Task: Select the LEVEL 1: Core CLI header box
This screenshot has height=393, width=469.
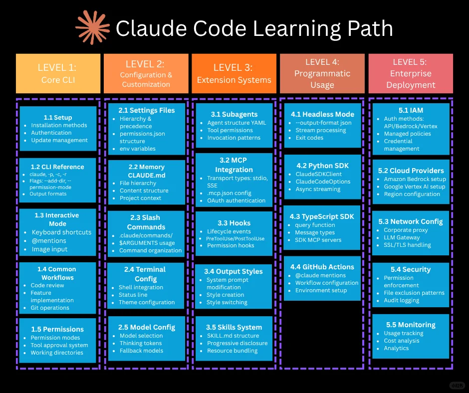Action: tap(58, 73)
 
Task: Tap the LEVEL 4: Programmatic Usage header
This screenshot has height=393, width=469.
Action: tap(322, 73)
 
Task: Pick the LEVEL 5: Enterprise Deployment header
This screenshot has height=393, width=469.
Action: tap(411, 73)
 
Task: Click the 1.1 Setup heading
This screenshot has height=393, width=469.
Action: tap(58, 117)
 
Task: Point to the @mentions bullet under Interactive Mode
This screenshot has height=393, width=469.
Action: tap(49, 240)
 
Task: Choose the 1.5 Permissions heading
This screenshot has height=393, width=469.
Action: tap(57, 329)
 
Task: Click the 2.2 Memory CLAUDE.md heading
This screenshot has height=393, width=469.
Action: tap(146, 171)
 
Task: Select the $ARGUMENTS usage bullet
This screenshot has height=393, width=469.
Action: tap(147, 243)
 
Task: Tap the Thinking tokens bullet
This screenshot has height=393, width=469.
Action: tap(140, 343)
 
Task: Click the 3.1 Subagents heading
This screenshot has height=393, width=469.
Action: tap(234, 114)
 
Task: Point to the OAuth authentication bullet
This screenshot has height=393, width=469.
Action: tap(236, 200)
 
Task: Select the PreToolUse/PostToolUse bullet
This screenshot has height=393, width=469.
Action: tap(235, 238)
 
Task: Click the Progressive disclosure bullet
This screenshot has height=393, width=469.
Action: tap(237, 343)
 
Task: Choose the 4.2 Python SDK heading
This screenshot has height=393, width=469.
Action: tap(322, 166)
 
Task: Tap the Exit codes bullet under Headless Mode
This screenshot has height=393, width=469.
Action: tap(309, 138)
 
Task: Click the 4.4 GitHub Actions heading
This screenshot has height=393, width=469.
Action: tap(322, 267)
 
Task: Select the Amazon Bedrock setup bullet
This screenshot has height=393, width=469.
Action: tap(415, 179)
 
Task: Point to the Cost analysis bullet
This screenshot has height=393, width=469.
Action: tap(401, 341)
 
